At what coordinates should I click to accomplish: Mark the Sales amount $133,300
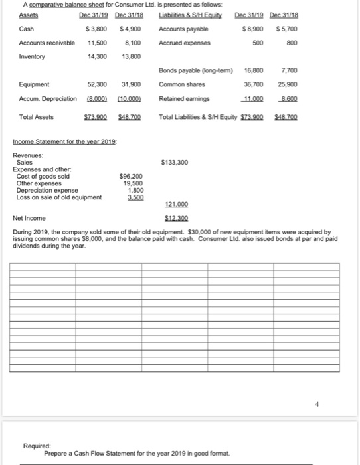tap(175, 162)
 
